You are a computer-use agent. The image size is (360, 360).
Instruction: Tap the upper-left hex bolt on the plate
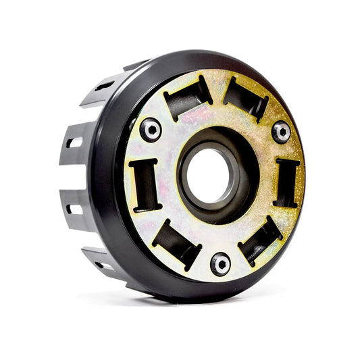point(151,129)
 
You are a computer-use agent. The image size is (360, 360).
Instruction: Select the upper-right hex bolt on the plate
point(281,131)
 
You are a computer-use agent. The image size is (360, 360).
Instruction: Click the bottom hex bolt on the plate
point(220,263)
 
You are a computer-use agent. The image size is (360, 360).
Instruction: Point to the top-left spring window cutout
point(187,96)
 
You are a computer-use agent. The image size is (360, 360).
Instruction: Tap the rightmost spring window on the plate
point(287,182)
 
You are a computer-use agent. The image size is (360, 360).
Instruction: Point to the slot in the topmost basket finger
point(105,86)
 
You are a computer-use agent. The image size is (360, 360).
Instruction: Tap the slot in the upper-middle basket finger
point(74,143)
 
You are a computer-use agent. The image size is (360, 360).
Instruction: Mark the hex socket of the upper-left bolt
point(151,129)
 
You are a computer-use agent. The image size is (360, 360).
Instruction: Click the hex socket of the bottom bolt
point(220,263)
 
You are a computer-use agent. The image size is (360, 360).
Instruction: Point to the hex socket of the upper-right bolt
point(281,131)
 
